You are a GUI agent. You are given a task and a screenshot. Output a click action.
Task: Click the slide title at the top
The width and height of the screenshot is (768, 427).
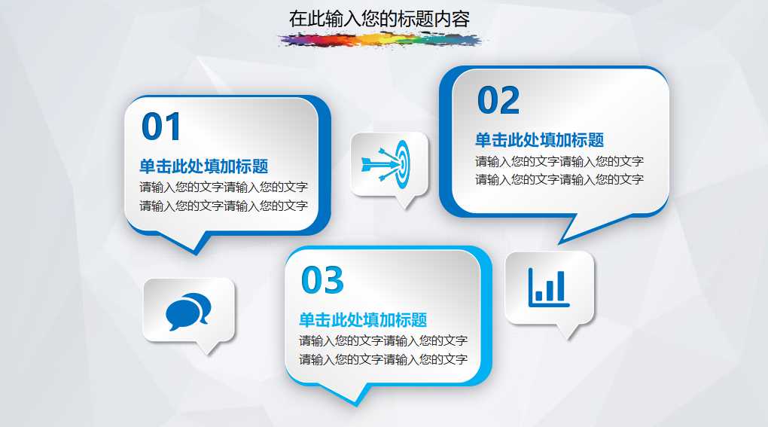[379, 19]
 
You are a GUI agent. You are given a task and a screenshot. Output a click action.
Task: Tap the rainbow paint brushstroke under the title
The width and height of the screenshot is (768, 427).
[379, 40]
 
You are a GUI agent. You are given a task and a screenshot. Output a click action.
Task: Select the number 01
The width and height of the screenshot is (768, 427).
[162, 127]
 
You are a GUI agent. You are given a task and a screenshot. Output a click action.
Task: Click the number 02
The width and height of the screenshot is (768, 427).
[498, 101]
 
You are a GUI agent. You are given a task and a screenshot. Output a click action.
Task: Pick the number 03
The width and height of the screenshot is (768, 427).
[322, 280]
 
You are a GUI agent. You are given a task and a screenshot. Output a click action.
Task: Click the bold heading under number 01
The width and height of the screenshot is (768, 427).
[203, 166]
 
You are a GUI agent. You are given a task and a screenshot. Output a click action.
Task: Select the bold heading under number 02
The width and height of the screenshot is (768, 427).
[539, 140]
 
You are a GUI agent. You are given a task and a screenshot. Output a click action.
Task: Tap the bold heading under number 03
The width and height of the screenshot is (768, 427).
[363, 320]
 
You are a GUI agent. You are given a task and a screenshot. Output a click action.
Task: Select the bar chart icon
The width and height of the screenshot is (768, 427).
[549, 288]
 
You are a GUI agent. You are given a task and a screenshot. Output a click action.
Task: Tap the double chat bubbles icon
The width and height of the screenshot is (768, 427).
[188, 311]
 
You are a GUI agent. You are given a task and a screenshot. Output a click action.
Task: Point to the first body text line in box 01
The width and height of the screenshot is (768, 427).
[223, 187]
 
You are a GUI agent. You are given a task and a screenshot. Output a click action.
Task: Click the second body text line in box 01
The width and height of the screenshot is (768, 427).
[223, 206]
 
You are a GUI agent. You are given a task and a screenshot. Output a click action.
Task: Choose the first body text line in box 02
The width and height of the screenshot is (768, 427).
[559, 161]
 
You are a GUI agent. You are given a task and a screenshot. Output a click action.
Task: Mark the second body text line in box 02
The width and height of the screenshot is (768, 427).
[559, 179]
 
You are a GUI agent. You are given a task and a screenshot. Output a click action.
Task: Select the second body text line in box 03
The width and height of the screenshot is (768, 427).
[383, 359]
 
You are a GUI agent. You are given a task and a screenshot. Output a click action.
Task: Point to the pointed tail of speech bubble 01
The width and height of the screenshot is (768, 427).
[199, 246]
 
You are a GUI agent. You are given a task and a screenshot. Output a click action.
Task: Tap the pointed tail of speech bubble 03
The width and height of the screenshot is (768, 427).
[360, 397]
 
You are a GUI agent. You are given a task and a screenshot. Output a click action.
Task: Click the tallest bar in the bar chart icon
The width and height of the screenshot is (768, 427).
[560, 285]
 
